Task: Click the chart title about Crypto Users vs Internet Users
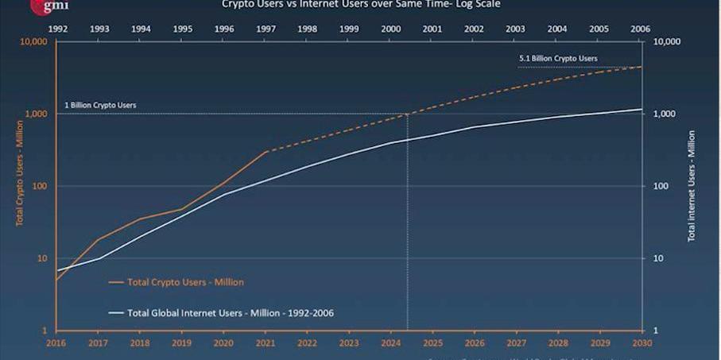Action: coord(361,4)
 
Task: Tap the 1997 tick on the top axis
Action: coord(266,29)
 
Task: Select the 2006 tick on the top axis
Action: coord(641,29)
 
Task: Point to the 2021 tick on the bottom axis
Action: coord(266,343)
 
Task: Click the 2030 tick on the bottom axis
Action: coord(641,343)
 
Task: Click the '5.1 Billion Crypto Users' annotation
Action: coord(557,59)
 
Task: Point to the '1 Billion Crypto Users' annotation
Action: coord(100,105)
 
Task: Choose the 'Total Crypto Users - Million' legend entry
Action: coord(185,282)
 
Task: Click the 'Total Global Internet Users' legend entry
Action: coord(231,313)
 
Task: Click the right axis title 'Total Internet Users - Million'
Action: coord(692,185)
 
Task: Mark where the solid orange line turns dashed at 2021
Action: coord(266,151)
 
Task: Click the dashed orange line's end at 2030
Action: coord(641,67)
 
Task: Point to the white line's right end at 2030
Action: coord(641,109)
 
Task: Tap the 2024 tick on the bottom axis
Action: coord(390,343)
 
